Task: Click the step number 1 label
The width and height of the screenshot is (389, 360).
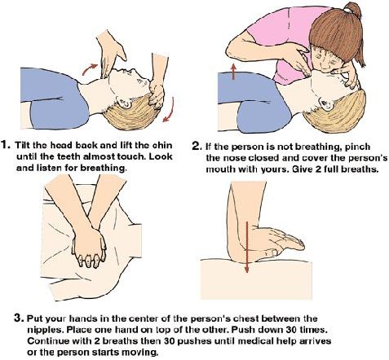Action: (x=6, y=145)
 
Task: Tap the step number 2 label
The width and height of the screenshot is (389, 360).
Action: (x=197, y=147)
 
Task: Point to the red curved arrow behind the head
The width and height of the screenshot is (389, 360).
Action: (x=170, y=110)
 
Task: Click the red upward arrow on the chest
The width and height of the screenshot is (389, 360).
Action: (x=233, y=72)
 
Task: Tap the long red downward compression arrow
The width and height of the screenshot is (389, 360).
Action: (x=246, y=247)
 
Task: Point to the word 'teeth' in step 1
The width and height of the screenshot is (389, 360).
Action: (x=69, y=156)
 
